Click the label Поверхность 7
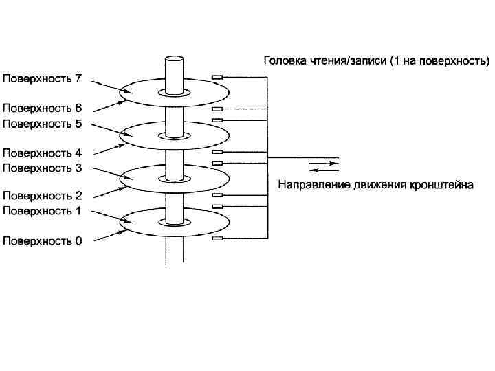point(43,79)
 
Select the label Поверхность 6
point(43,109)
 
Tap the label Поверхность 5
point(43,124)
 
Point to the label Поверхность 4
point(43,153)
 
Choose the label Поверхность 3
point(43,167)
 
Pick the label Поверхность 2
point(43,196)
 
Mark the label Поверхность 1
point(43,211)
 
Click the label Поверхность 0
point(43,240)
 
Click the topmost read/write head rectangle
point(217,77)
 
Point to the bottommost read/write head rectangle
point(217,238)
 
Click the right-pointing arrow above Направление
point(323,164)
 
